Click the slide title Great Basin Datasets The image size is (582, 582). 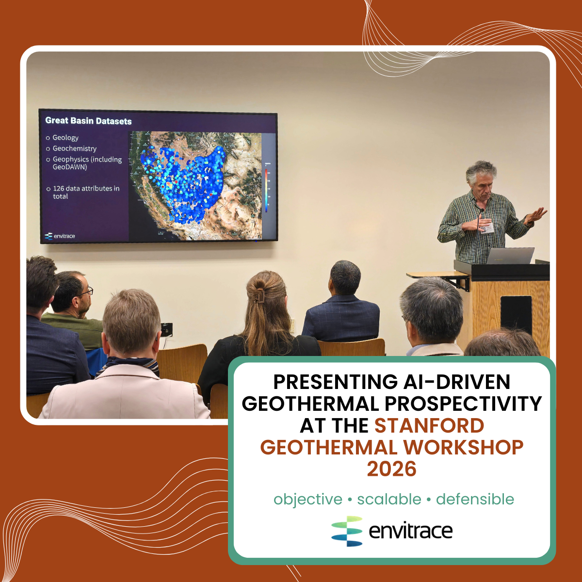(88, 121)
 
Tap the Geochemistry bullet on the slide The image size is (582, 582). (74, 148)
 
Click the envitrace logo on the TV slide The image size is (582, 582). (60, 236)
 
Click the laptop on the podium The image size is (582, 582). (510, 256)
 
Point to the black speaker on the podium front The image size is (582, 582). (516, 315)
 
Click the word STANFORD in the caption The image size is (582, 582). (429, 426)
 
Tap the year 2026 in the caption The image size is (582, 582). (391, 469)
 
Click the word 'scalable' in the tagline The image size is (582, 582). (389, 499)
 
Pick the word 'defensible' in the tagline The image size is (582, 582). (475, 499)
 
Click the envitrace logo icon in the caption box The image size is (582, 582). (347, 531)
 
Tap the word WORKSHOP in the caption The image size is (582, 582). (463, 447)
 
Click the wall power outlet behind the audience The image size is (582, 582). (167, 329)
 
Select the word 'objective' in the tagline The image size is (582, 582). (308, 499)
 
